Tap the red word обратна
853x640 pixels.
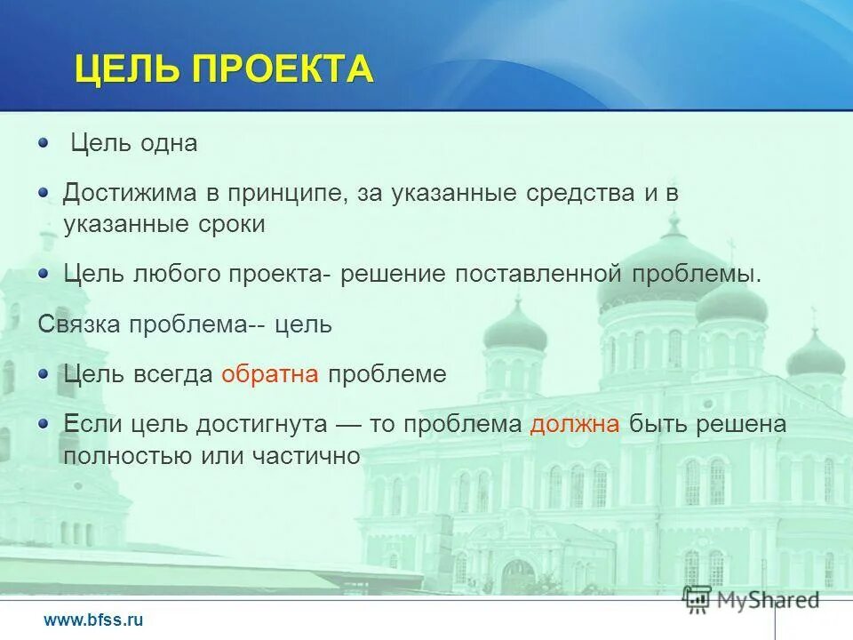[x=270, y=374]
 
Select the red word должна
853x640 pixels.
[x=575, y=424]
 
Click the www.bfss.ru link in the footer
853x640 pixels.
[x=92, y=620]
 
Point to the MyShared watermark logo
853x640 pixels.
[x=751, y=600]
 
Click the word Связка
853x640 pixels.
[x=81, y=324]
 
